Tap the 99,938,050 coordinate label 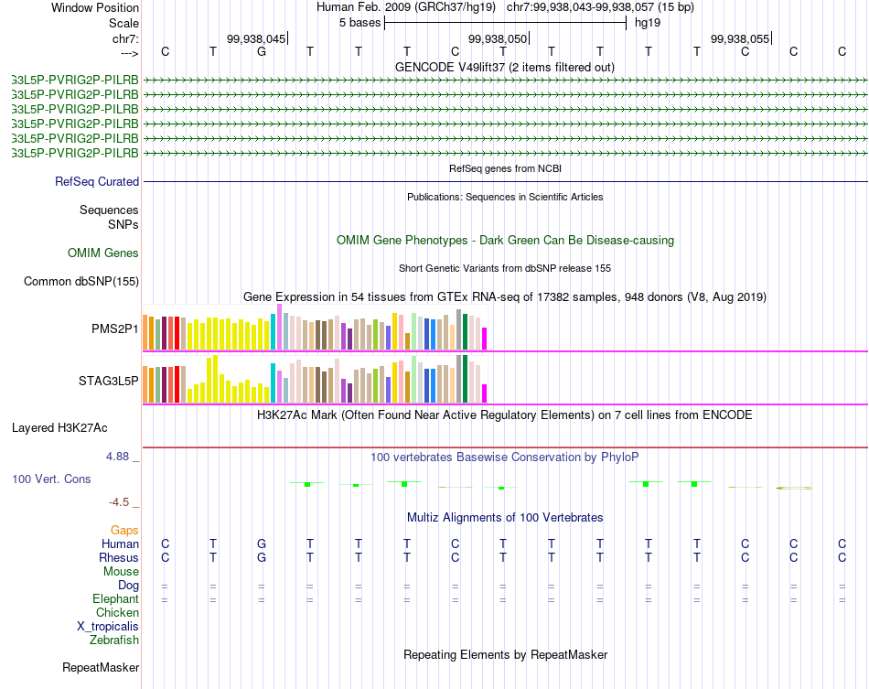498,38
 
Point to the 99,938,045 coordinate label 256,38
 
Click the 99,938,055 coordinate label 740,38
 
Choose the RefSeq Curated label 97,182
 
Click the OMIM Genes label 103,253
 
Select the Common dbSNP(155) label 81,282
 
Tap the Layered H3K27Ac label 59,427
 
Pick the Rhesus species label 119,558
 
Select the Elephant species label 116,599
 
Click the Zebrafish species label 114,641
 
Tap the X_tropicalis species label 108,627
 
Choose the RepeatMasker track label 101,668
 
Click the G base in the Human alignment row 262,544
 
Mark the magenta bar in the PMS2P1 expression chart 484,339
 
